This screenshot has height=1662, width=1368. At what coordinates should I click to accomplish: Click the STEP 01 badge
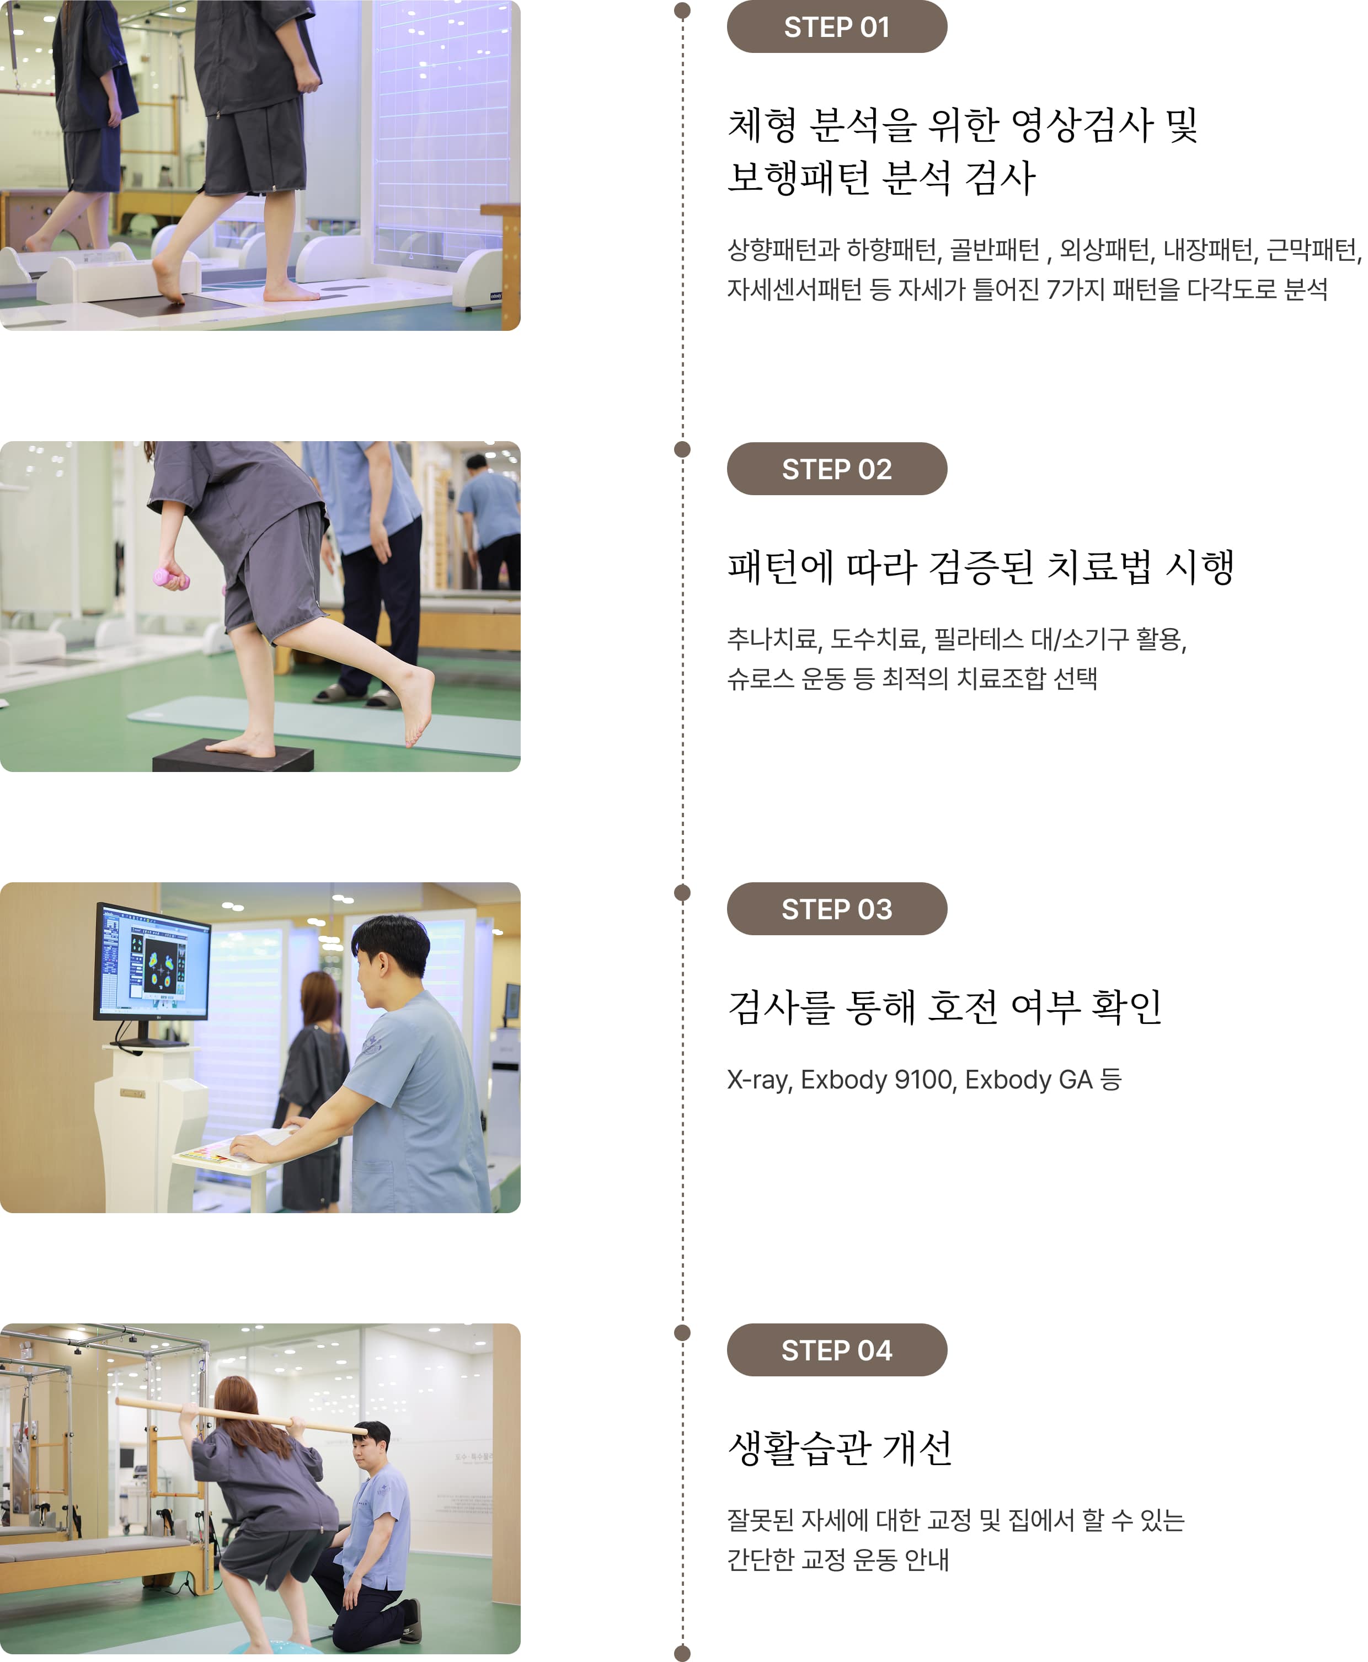[836, 28]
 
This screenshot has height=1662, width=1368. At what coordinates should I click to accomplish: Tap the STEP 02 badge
[836, 469]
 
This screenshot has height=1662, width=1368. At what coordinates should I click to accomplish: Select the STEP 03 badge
[836, 909]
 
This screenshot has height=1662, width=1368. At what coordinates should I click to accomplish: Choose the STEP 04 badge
[836, 1350]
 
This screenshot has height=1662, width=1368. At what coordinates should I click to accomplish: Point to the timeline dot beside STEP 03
[682, 892]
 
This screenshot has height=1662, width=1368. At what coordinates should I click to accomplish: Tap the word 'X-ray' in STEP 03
[758, 1079]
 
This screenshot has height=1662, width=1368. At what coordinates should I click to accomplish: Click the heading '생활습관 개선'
[840, 1447]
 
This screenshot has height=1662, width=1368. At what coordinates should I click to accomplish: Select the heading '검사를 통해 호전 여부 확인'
[944, 1007]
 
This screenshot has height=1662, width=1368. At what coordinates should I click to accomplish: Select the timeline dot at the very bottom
[682, 1653]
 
